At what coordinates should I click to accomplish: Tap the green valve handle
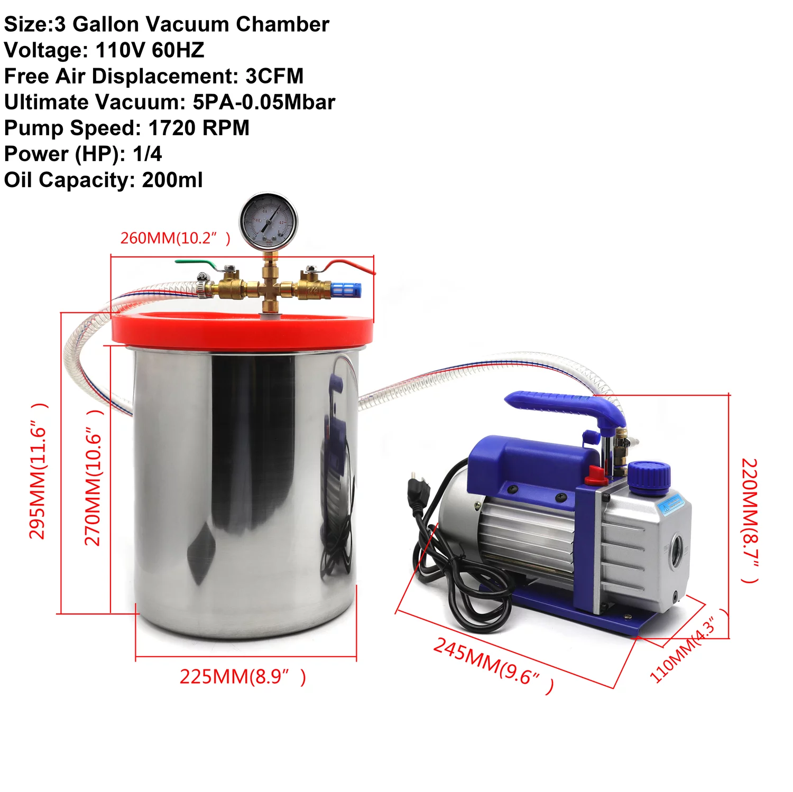click(196, 262)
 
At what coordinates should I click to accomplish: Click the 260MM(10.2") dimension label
click(175, 238)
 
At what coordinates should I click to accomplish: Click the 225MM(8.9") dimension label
click(243, 677)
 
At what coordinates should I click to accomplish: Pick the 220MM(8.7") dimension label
click(750, 520)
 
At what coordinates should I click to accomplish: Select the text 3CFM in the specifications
click(274, 76)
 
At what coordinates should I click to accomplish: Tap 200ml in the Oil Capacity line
click(172, 180)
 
